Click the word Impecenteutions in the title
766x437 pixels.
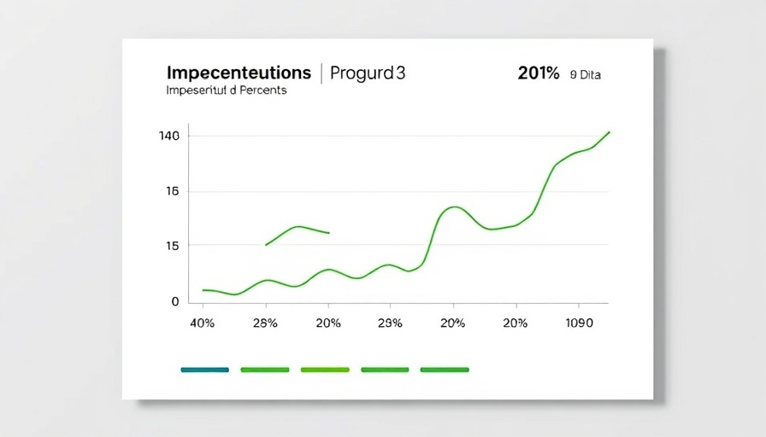[x=239, y=73]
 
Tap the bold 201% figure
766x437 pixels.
[x=539, y=74]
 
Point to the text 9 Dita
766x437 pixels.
[x=585, y=75]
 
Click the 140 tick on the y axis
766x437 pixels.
[x=168, y=136]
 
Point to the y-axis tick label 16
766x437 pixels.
[x=172, y=191]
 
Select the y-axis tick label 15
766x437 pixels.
[x=172, y=246]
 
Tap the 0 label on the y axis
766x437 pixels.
[x=175, y=301]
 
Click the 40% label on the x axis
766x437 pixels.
[x=202, y=323]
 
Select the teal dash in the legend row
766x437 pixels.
[x=205, y=370]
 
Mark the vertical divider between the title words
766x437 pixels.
[x=321, y=73]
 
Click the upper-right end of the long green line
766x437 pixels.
[x=609, y=132]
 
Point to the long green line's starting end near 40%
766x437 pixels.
[x=203, y=290]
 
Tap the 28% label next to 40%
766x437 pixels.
[x=266, y=323]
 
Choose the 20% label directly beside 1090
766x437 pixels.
[x=515, y=323]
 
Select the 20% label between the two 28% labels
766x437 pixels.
[x=328, y=323]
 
